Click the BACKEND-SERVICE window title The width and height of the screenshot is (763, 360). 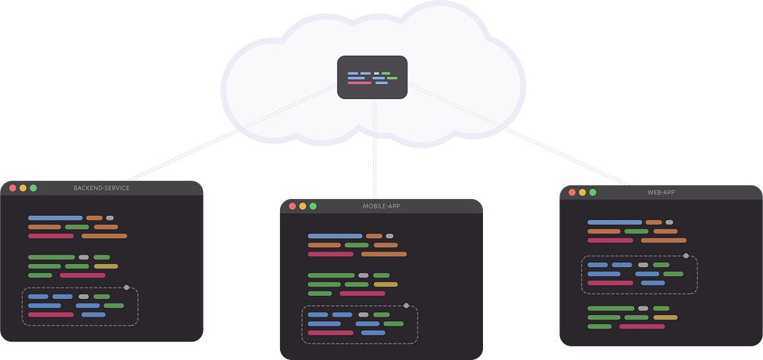pos(101,188)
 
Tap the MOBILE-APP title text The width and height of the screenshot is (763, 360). pos(381,206)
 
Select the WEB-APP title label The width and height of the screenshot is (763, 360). pos(661,192)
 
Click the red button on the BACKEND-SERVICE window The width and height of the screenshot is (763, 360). pos(12,188)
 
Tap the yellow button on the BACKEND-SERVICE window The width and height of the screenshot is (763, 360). pos(23,188)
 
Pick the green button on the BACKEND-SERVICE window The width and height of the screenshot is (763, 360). pos(34,188)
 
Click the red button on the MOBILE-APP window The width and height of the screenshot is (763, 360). pos(292,206)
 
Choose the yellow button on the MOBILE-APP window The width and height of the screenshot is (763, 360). pos(303,206)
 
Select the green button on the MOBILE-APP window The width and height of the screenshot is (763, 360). pos(313,206)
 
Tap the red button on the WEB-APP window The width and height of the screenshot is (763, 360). pos(571,192)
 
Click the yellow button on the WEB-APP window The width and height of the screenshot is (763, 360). pos(582,192)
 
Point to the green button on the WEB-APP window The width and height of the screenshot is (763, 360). pos(593,192)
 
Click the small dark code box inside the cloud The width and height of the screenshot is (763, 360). pos(372,77)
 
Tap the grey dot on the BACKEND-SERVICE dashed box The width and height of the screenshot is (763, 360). pos(127,288)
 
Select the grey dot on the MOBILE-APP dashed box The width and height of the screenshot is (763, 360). pos(406,306)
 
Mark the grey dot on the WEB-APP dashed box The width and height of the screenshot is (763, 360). pos(686,256)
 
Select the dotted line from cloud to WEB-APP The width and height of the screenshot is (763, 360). pos(519,137)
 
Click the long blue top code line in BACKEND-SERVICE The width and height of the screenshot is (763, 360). pos(55,218)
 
